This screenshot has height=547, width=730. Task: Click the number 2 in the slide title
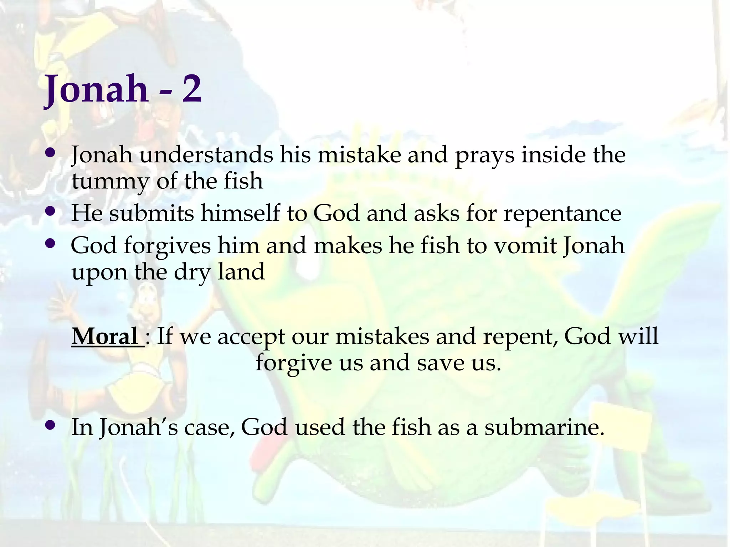point(192,89)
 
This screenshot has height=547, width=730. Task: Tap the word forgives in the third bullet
point(167,246)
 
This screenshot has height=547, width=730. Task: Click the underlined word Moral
point(105,337)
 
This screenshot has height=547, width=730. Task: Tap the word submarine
point(544,427)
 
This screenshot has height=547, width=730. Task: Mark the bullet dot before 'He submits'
point(51,211)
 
